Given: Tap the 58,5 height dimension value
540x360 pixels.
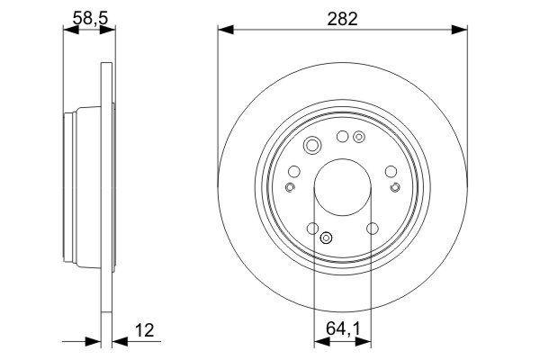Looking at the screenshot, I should click(88, 17).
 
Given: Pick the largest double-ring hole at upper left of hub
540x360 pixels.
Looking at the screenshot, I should click(313, 147).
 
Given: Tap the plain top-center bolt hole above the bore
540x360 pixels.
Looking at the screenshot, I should click(342, 137).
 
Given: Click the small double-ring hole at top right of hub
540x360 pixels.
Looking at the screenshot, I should click(359, 138).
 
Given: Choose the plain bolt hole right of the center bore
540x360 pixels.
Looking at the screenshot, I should click(390, 170).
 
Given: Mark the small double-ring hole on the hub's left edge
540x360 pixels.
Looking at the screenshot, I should click(290, 187).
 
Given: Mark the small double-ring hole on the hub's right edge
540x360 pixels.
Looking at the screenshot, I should click(394, 187).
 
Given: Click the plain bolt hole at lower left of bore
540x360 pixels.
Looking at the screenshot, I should click(312, 229).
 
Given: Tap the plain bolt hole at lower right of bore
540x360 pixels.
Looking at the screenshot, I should click(372, 229).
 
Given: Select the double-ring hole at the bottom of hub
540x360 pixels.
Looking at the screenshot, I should click(327, 238).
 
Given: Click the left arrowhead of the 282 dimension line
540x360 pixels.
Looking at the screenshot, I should click(223, 31).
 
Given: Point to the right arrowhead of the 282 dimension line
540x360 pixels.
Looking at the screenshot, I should click(461, 31).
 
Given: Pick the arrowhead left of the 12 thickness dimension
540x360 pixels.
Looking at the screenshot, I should click(94, 342).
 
